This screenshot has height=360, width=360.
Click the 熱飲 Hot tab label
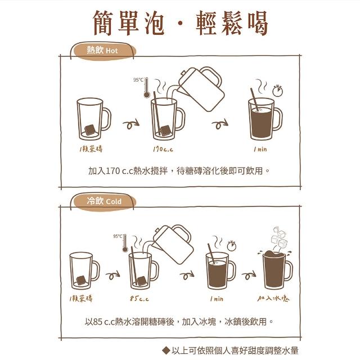coord(102,50)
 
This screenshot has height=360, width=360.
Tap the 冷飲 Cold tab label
coord(104,201)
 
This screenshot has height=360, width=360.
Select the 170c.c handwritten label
coord(163,149)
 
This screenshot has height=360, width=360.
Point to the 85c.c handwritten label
coord(139,299)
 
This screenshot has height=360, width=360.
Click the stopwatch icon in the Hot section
coord(277,91)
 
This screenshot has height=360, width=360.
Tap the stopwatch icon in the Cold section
coord(232,246)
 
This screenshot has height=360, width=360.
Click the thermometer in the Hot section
coord(146,88)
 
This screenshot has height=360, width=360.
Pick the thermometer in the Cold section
coord(125,243)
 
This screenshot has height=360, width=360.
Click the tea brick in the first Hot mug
coord(90,130)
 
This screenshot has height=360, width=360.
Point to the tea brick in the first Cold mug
coord(81,280)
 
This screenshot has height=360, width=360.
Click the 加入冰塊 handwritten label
coord(273,298)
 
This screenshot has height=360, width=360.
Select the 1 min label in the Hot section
coord(260,149)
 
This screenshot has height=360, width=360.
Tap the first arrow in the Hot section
coord(131,124)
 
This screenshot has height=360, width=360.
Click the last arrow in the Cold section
coord(249,275)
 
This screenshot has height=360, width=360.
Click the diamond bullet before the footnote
coord(166,350)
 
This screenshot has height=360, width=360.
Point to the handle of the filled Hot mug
coord(278,119)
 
